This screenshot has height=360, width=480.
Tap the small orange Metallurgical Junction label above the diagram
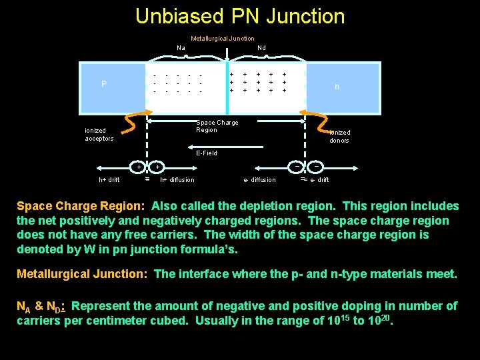[222, 39]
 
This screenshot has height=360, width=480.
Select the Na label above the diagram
[181, 48]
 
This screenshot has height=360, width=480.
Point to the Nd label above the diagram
[261, 48]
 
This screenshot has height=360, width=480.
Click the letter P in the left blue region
[104, 85]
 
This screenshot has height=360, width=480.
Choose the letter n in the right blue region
[337, 87]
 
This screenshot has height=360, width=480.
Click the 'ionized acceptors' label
[99, 135]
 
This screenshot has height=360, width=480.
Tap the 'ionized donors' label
[339, 137]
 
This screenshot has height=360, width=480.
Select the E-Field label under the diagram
[206, 153]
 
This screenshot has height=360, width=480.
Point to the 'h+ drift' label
[109, 180]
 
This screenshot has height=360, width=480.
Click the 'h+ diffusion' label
[177, 180]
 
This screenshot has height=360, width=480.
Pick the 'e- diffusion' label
[259, 180]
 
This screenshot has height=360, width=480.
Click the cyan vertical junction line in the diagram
[228, 80]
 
